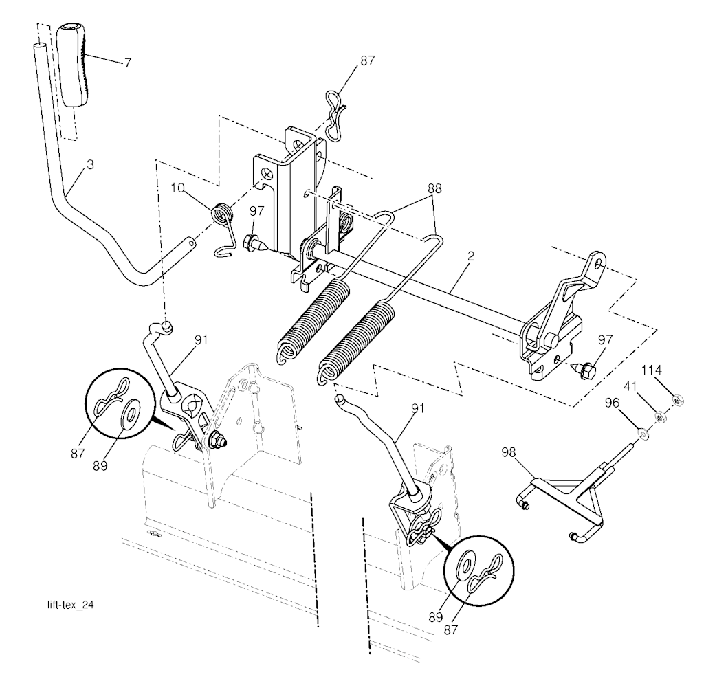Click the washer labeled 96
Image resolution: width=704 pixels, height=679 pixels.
[x=642, y=434]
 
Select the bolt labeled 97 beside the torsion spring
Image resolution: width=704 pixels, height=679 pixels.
[x=252, y=241]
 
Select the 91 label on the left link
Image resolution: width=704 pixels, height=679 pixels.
[x=201, y=338]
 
